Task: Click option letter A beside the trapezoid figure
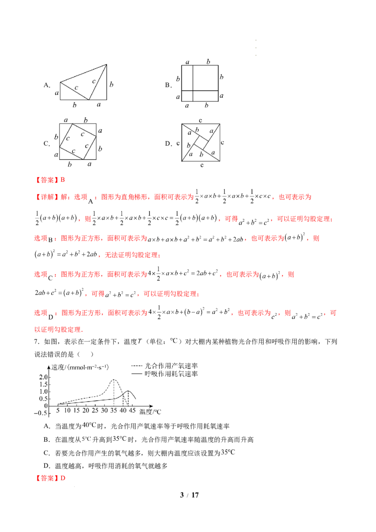[47, 85]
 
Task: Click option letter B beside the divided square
[168, 85]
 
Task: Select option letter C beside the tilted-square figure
[47, 143]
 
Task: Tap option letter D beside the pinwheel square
[168, 143]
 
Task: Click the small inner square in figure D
[201, 142]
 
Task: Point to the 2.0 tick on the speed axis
[43, 377]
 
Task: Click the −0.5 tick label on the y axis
[41, 413]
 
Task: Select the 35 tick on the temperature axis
[114, 411]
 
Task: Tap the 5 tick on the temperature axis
[58, 411]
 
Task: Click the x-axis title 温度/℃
[150, 412]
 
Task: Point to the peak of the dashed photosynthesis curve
[114, 380]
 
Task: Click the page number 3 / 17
[189, 495]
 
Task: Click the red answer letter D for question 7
[63, 478]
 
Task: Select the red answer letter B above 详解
[63, 180]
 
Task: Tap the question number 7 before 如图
[36, 342]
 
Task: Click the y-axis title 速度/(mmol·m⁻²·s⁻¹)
[80, 368]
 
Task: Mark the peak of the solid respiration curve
[128, 391]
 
